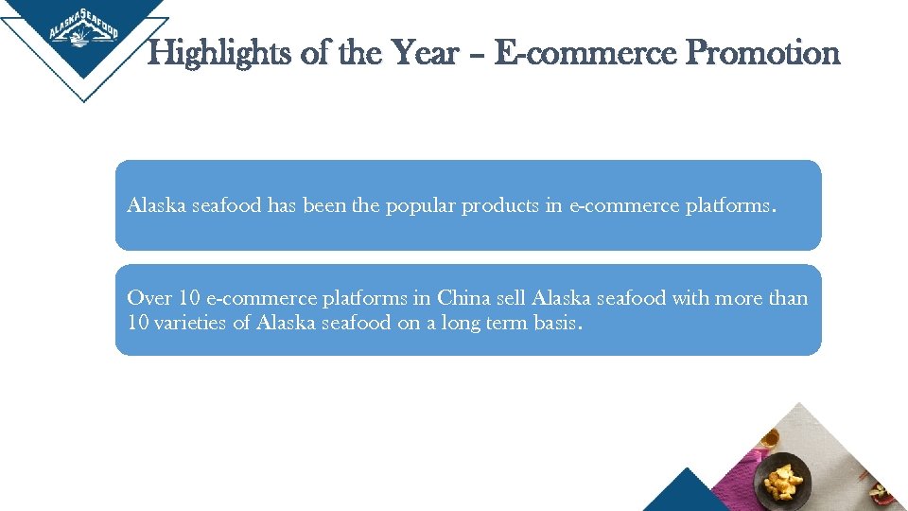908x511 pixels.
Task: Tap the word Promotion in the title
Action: tap(762, 53)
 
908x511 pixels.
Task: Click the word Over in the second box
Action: tap(149, 299)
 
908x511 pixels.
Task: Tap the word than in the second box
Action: tap(788, 299)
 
